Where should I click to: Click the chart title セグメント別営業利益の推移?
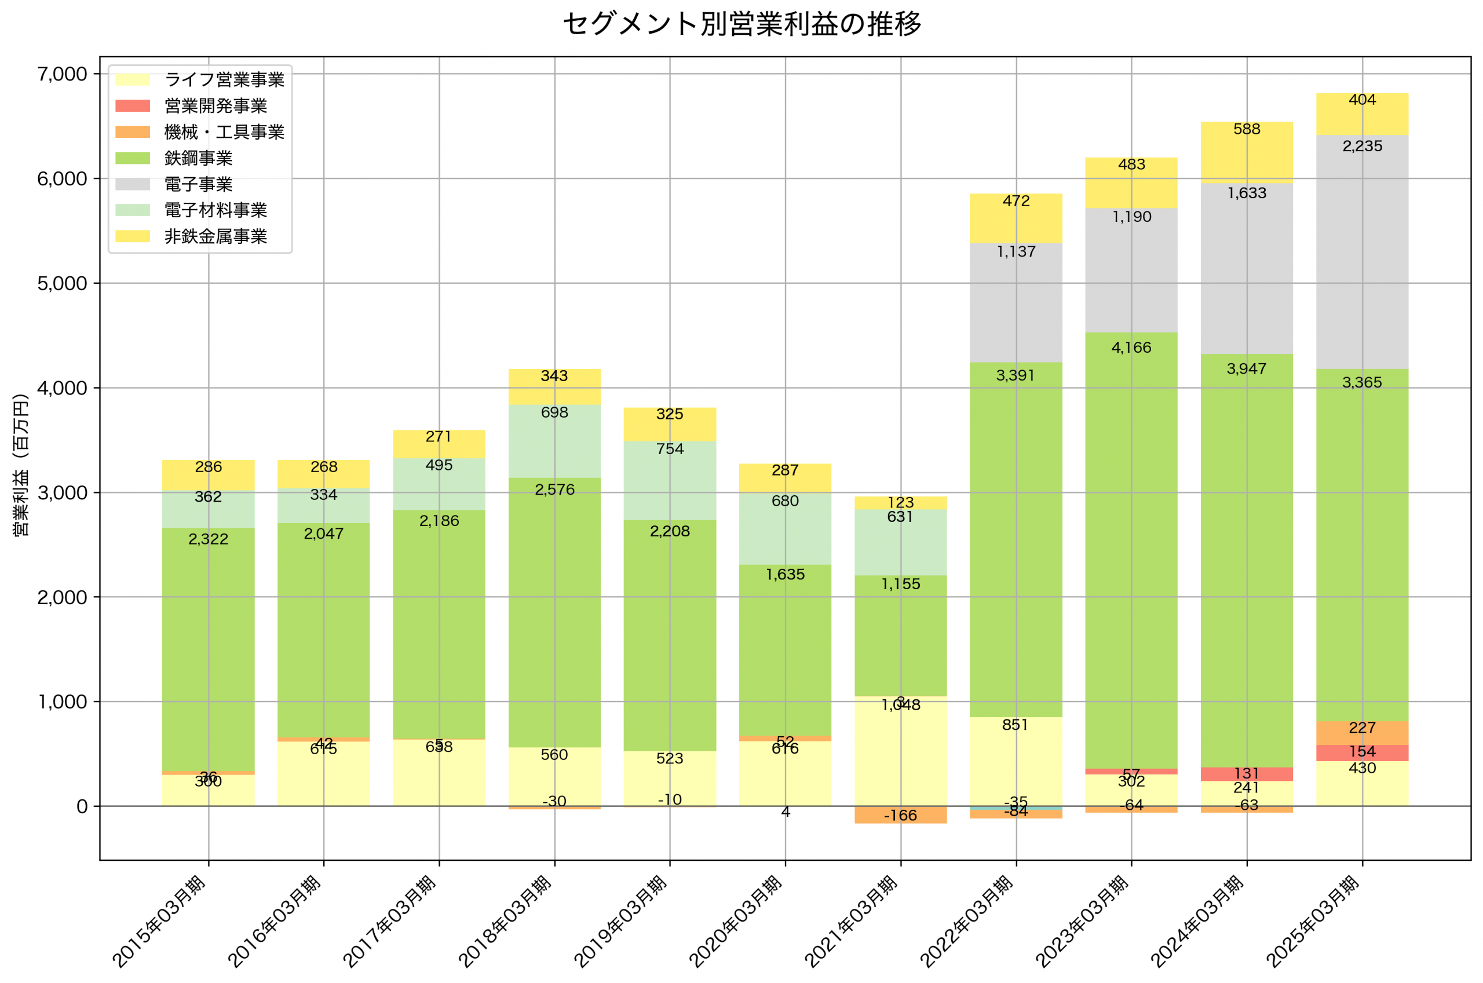741,24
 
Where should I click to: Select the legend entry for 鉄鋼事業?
198,158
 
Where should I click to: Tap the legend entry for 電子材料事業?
215,210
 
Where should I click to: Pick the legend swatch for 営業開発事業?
132,106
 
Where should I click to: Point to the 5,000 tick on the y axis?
62,283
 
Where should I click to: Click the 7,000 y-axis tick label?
62,74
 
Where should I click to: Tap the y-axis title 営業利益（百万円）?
21,465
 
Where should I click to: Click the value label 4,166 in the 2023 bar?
1131,348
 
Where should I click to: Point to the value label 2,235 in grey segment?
1362,146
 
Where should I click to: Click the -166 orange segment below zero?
901,815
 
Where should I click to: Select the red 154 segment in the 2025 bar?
1362,752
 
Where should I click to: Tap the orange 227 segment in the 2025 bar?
1362,732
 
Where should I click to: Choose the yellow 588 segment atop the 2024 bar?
1247,151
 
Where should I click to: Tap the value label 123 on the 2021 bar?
901,503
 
